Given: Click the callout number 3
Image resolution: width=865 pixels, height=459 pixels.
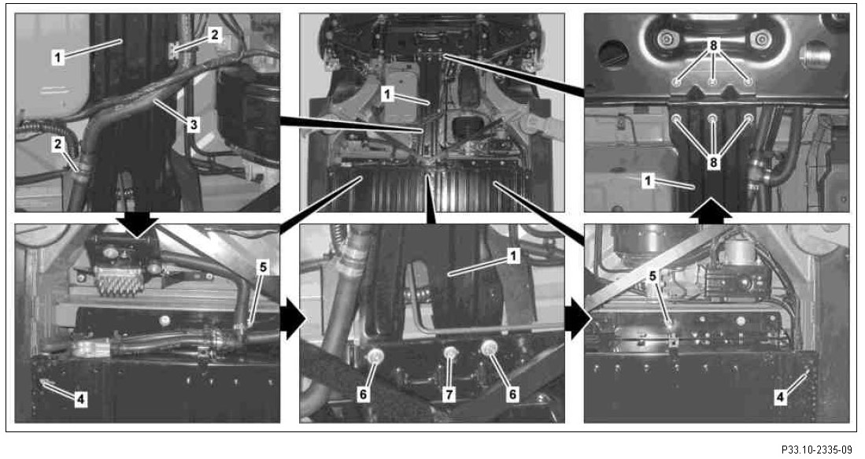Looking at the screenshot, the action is tap(193, 124).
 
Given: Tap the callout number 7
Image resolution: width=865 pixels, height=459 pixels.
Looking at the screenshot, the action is tap(449, 394).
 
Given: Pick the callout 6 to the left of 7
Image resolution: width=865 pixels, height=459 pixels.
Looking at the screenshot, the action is tap(362, 394).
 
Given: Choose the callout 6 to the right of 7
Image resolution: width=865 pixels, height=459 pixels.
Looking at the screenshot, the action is tap(512, 394).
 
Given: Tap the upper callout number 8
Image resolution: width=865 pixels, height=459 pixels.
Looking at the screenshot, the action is tap(713, 46).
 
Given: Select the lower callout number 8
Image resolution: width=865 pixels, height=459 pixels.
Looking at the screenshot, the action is tap(713, 163).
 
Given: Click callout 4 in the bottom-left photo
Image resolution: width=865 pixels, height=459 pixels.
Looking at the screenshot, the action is tap(80, 399).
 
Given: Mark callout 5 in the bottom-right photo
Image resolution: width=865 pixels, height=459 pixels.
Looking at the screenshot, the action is tap(652, 276).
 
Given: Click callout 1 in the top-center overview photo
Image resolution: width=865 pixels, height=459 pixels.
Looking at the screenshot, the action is tap(387, 94).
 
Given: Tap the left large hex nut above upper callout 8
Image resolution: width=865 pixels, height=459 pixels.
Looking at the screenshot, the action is tap(667, 39).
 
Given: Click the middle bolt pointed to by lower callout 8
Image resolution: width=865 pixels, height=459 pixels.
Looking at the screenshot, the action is tap(713, 118).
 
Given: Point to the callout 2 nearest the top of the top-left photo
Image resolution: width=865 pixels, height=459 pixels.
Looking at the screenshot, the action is tap(215, 35).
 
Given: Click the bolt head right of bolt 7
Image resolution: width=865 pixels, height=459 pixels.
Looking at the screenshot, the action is tap(489, 349).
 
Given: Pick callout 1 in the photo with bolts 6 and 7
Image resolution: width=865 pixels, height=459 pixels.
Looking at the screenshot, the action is tap(513, 256).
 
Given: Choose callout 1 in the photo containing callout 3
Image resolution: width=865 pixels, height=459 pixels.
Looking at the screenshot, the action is tap(58, 57).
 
